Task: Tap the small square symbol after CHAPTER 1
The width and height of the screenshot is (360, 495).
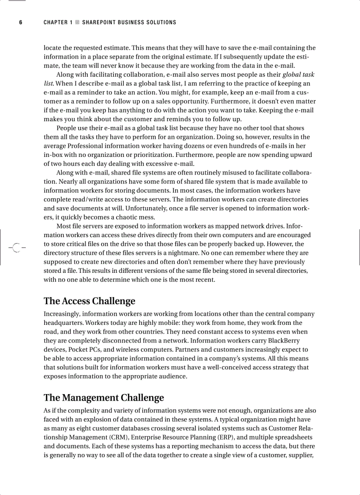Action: [77, 22]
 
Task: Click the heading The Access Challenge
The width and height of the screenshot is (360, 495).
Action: [89, 301]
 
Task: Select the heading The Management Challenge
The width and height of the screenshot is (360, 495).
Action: [104, 398]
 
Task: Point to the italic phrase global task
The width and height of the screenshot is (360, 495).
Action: [298, 74]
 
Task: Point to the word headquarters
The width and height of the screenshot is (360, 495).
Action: [64, 323]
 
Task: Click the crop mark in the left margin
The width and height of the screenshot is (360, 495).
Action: [16, 248]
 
